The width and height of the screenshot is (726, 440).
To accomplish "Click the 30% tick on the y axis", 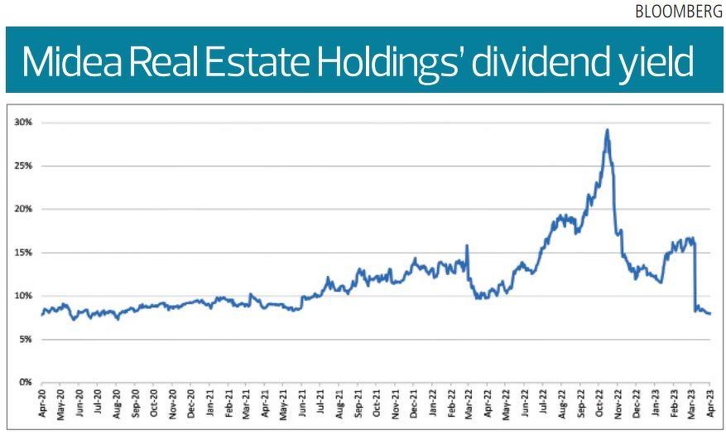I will coord(24,123).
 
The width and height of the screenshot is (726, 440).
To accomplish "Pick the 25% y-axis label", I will coord(24,166).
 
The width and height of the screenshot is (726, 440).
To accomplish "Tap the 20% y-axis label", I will coord(24,209).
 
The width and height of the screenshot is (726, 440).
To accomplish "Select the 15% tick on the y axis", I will coord(24,253).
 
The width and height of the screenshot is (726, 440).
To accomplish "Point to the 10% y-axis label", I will coord(24,296).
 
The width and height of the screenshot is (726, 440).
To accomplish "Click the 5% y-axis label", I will coord(26,339).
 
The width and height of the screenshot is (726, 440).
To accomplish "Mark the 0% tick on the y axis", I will coord(26,382).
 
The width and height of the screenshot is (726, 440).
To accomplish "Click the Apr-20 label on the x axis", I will coord(42,403).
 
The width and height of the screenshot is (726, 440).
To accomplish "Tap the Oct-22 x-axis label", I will coord(599,403).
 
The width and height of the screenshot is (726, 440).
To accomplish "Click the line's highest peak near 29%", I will coord(608,129).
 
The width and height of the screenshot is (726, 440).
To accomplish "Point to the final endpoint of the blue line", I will coord(710,313).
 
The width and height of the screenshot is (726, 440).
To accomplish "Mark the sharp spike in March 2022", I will coord(468,245).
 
